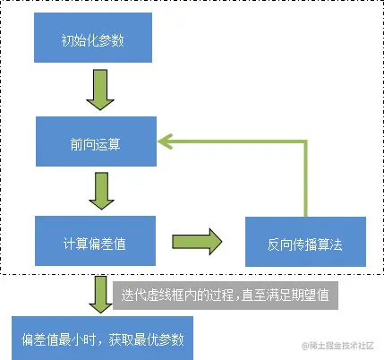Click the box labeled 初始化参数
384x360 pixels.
[94, 41]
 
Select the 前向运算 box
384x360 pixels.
[94, 141]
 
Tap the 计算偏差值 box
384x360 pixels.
[94, 243]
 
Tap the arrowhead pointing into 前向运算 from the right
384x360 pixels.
[166, 141]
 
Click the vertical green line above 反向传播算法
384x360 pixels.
[306, 179]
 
